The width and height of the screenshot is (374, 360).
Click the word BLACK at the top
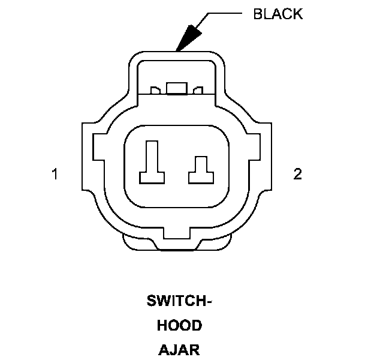point(278,14)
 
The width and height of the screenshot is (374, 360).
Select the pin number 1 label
point(55,175)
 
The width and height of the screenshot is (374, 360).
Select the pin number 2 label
point(297,175)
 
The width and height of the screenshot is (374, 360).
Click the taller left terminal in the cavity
point(152,163)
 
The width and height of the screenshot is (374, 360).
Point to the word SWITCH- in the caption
point(179,302)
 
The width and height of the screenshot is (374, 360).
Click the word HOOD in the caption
point(179,326)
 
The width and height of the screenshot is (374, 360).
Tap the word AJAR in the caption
point(179,349)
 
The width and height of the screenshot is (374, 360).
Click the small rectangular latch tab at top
point(176,89)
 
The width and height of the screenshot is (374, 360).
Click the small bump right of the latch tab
point(197,91)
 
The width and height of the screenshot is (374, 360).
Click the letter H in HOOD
point(162,326)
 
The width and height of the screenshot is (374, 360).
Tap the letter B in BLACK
point(258,14)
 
